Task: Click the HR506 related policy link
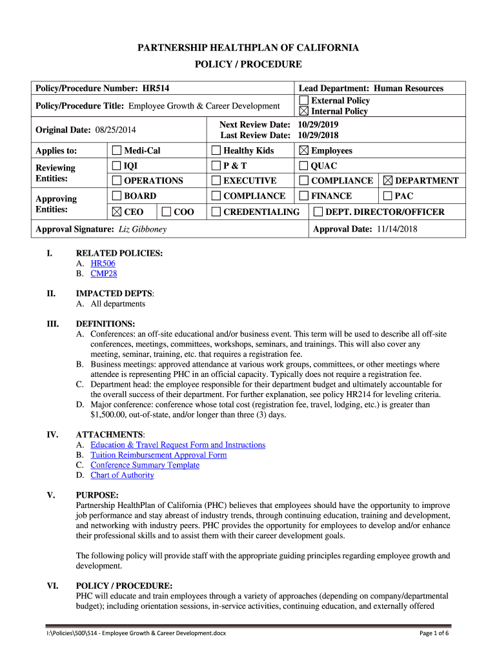pyautogui.click(x=103, y=263)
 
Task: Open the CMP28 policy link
pyautogui.click(x=104, y=274)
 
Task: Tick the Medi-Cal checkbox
pyautogui.click(x=117, y=150)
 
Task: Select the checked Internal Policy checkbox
pyautogui.click(x=303, y=111)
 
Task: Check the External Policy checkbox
pyautogui.click(x=303, y=100)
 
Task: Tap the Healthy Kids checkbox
pyautogui.click(x=216, y=150)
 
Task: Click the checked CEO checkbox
pyautogui.click(x=117, y=212)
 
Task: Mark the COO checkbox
pyautogui.click(x=167, y=212)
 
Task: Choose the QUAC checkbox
pyautogui.click(x=303, y=166)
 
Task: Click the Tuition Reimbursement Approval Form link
pyautogui.click(x=159, y=455)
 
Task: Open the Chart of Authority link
pyautogui.click(x=122, y=475)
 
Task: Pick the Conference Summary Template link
pyautogui.click(x=145, y=465)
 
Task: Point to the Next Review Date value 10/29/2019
pyautogui.click(x=318, y=125)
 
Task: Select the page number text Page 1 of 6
pyautogui.click(x=434, y=633)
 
